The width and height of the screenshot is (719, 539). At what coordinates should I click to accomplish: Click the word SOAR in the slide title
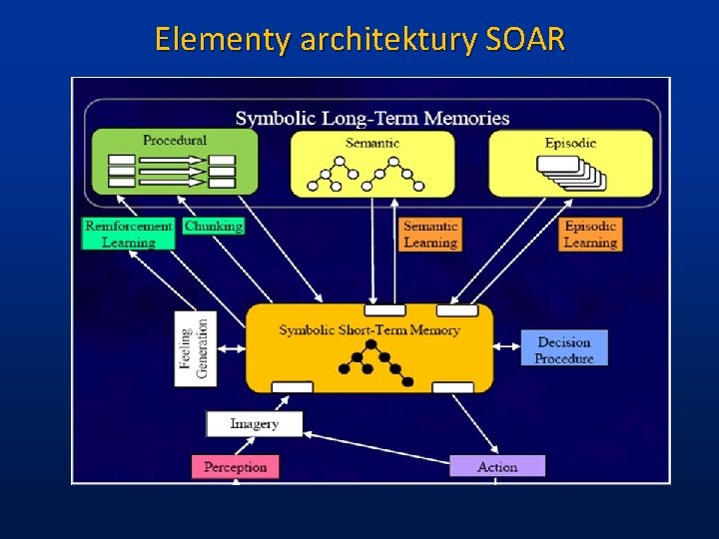(x=525, y=40)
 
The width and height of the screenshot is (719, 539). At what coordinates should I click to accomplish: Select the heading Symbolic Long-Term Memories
(x=372, y=119)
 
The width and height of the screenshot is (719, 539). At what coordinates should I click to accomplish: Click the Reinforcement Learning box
(x=128, y=234)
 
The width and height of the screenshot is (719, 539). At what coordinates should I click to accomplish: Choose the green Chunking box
(x=213, y=226)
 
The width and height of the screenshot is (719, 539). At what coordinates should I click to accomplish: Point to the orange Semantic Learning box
(x=430, y=234)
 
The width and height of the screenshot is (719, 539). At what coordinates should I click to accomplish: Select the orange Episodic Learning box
(x=590, y=234)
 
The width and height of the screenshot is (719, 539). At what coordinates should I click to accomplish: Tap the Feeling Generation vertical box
(x=196, y=349)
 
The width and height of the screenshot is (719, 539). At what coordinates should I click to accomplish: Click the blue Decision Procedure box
(x=563, y=349)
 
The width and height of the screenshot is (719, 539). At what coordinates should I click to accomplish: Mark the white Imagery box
(x=254, y=424)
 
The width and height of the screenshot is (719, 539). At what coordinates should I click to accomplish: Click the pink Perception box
(x=235, y=466)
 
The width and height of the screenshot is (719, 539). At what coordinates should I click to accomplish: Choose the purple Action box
(x=497, y=466)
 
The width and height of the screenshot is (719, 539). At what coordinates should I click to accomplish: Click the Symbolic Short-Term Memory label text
(x=369, y=329)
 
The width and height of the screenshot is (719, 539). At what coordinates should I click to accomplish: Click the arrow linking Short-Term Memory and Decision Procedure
(x=507, y=349)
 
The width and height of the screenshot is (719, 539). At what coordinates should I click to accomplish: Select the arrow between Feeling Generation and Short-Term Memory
(x=231, y=349)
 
